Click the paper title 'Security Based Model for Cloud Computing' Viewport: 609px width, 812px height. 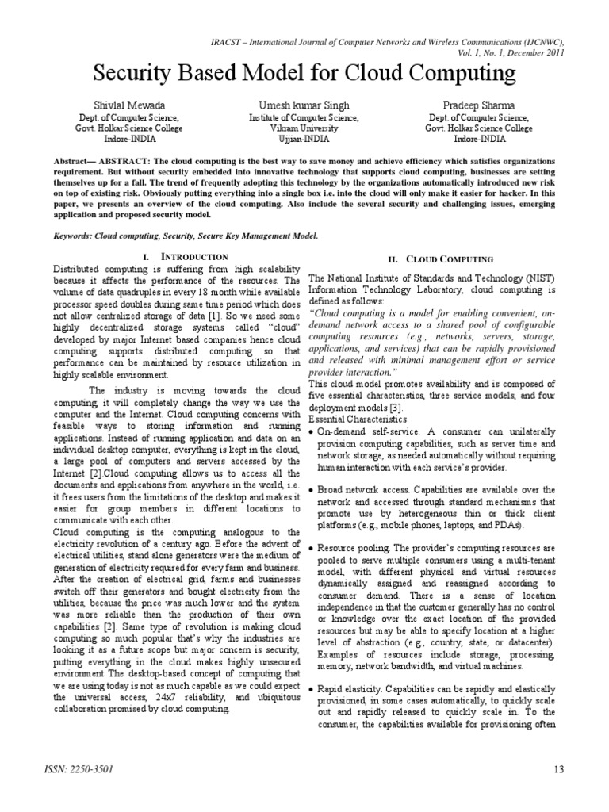tap(304, 74)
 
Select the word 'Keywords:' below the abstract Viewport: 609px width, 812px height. tap(76, 236)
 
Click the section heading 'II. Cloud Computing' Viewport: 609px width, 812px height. tap(440, 259)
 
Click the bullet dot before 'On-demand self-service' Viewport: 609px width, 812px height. tap(312, 431)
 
